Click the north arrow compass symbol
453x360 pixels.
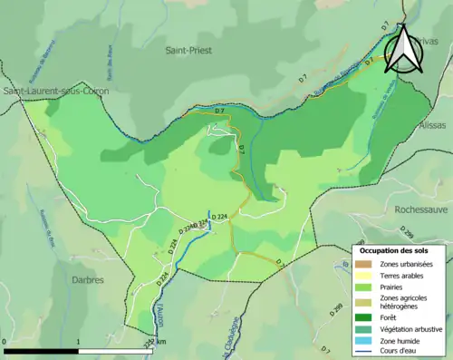tap(404, 49)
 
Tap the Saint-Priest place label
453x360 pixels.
tap(188, 51)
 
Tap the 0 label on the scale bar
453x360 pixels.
tap(5, 342)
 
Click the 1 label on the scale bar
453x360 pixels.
tap(78, 342)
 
